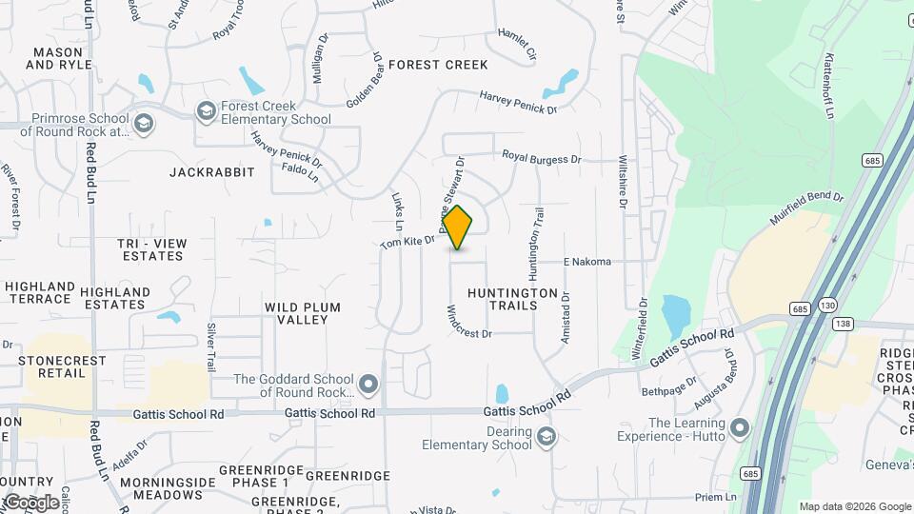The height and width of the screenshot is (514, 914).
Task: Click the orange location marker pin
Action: (458, 227)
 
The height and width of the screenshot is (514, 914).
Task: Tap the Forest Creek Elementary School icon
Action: (205, 112)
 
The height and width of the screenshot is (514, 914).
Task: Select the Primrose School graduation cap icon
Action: (143, 124)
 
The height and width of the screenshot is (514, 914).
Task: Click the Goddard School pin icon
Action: (369, 385)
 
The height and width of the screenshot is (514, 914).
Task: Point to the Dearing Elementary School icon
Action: (546, 437)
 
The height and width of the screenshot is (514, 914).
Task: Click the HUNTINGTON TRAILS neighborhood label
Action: (513, 299)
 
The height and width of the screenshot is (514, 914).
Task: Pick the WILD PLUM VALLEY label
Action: (303, 313)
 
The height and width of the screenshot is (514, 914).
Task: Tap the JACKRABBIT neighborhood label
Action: (212, 172)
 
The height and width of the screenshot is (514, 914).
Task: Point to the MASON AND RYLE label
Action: (59, 58)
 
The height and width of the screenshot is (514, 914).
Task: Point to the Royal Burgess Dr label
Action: (541, 159)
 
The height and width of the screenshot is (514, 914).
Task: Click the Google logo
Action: (30, 503)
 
